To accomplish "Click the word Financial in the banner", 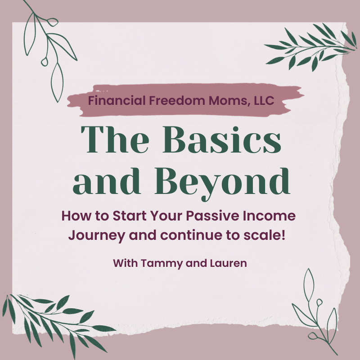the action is (117, 100).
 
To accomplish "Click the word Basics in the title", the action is (222, 139).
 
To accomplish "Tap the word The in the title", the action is (115, 139).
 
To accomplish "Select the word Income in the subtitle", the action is (269, 216).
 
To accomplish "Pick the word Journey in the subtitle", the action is (97, 236).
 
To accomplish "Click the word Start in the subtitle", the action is (130, 216).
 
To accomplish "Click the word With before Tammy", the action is (126, 263).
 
